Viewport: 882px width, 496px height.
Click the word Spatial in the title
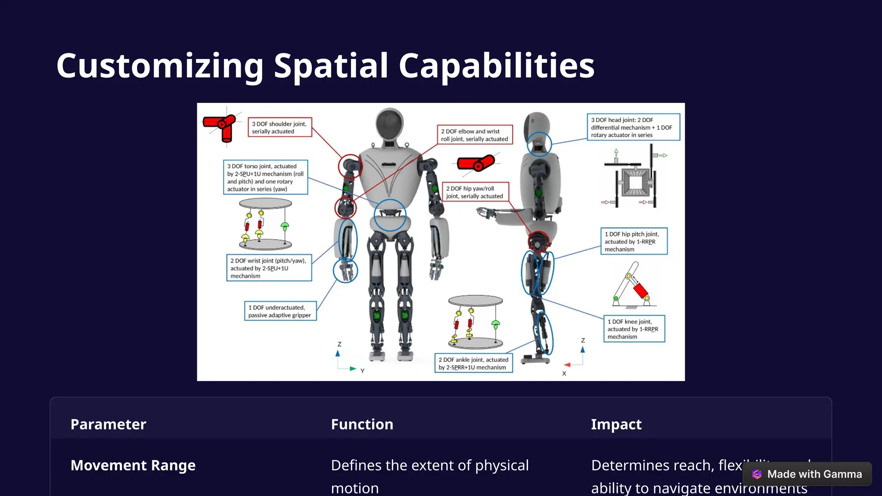(331, 66)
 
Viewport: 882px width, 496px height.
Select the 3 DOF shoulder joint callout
(280, 127)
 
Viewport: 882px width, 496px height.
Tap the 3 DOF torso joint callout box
(265, 177)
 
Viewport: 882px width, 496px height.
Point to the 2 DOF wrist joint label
(269, 268)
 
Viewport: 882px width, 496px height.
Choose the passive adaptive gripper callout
(280, 311)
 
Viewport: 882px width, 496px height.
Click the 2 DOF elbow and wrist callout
(475, 135)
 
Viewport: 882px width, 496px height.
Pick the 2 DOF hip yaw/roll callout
(475, 192)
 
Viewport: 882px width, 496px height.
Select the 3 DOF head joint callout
(633, 127)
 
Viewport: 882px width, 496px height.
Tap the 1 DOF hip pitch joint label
(634, 242)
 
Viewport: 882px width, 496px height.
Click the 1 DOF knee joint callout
(634, 329)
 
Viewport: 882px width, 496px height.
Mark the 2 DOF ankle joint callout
(473, 363)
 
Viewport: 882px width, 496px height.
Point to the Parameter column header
(109, 425)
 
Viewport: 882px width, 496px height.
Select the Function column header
(362, 425)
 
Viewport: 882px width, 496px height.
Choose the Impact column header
(616, 425)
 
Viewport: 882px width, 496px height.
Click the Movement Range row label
(133, 465)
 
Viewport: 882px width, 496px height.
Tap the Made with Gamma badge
(807, 474)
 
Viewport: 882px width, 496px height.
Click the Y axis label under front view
(363, 371)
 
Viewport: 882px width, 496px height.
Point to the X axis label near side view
(564, 374)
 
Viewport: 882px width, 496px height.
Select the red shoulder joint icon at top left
(221, 127)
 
